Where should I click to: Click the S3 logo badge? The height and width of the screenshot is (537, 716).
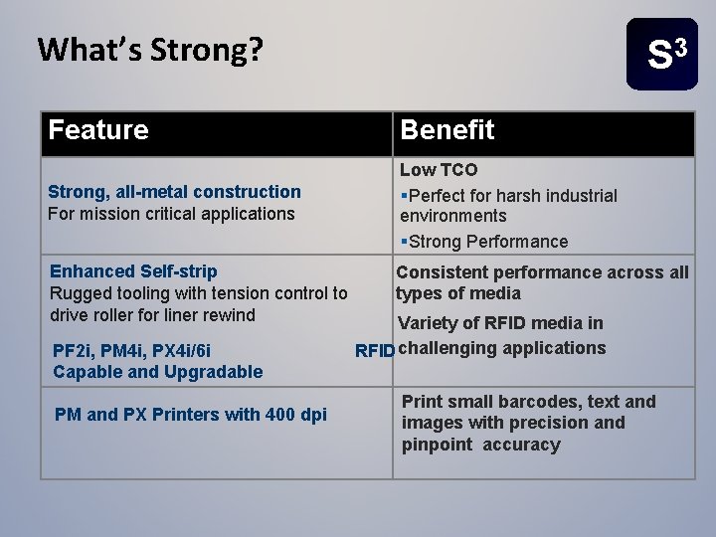662,55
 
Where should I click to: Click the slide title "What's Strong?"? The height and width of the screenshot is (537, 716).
149,50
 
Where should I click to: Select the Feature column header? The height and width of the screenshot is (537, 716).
99,130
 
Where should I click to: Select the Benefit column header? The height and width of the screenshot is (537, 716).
447,130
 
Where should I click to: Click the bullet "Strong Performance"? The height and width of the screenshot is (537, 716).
487,242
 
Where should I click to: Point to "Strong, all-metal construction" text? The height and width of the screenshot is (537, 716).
175,192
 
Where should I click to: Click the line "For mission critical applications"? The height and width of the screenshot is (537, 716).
172,214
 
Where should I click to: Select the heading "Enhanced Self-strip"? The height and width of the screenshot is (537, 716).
133,271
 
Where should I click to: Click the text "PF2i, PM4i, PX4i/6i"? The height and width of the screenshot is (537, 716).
130,349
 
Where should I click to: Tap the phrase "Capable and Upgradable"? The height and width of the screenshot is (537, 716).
157,372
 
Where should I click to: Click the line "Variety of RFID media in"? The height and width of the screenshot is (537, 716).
500,322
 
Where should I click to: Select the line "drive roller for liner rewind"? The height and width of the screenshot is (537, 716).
152,315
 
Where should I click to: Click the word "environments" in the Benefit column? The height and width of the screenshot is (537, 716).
452,216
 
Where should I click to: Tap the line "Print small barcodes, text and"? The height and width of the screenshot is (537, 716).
528,402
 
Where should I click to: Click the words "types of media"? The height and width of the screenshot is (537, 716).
458,293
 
